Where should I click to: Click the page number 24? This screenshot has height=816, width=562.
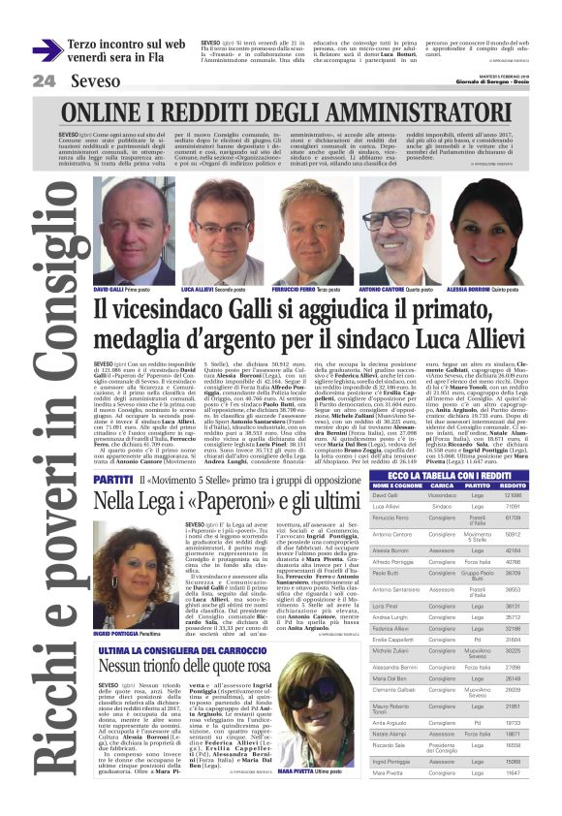tap(43, 81)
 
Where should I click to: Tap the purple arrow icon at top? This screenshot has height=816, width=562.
tap(47, 50)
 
